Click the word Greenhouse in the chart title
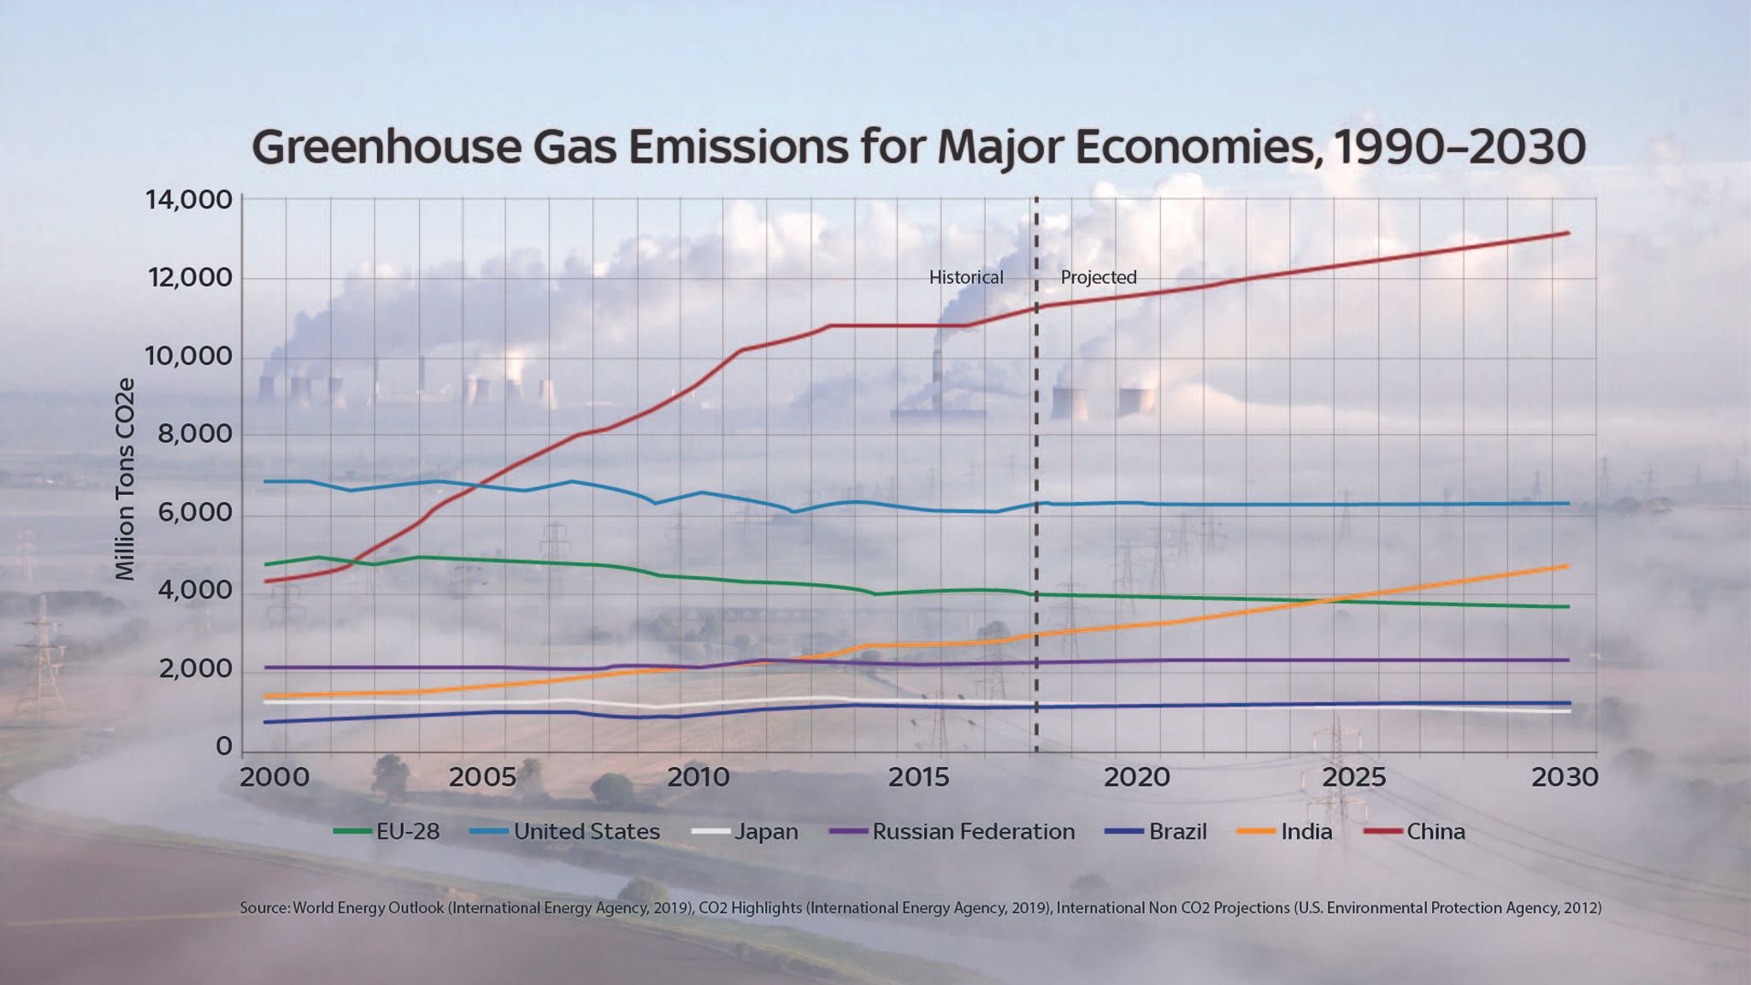(x=386, y=147)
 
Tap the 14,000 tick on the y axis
(x=189, y=200)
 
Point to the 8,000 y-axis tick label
(x=194, y=434)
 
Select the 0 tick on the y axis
(x=223, y=747)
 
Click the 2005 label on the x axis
(x=483, y=777)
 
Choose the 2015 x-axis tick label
(x=919, y=777)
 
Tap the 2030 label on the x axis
(x=1564, y=777)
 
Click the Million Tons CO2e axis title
(x=126, y=479)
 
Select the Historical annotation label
(x=966, y=277)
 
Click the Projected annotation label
(x=1099, y=277)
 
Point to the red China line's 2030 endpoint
(x=1568, y=233)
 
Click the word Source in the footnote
(x=263, y=908)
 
